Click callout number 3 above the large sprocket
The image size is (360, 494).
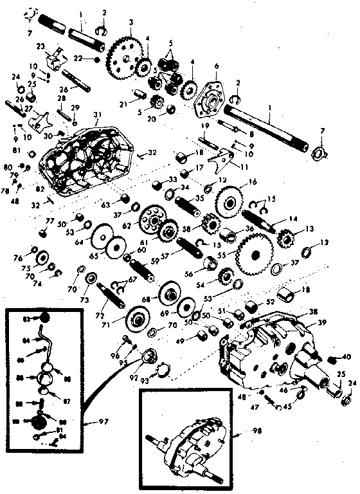click(x=130, y=23)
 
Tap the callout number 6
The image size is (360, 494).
click(x=217, y=66)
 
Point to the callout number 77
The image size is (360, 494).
click(x=49, y=220)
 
